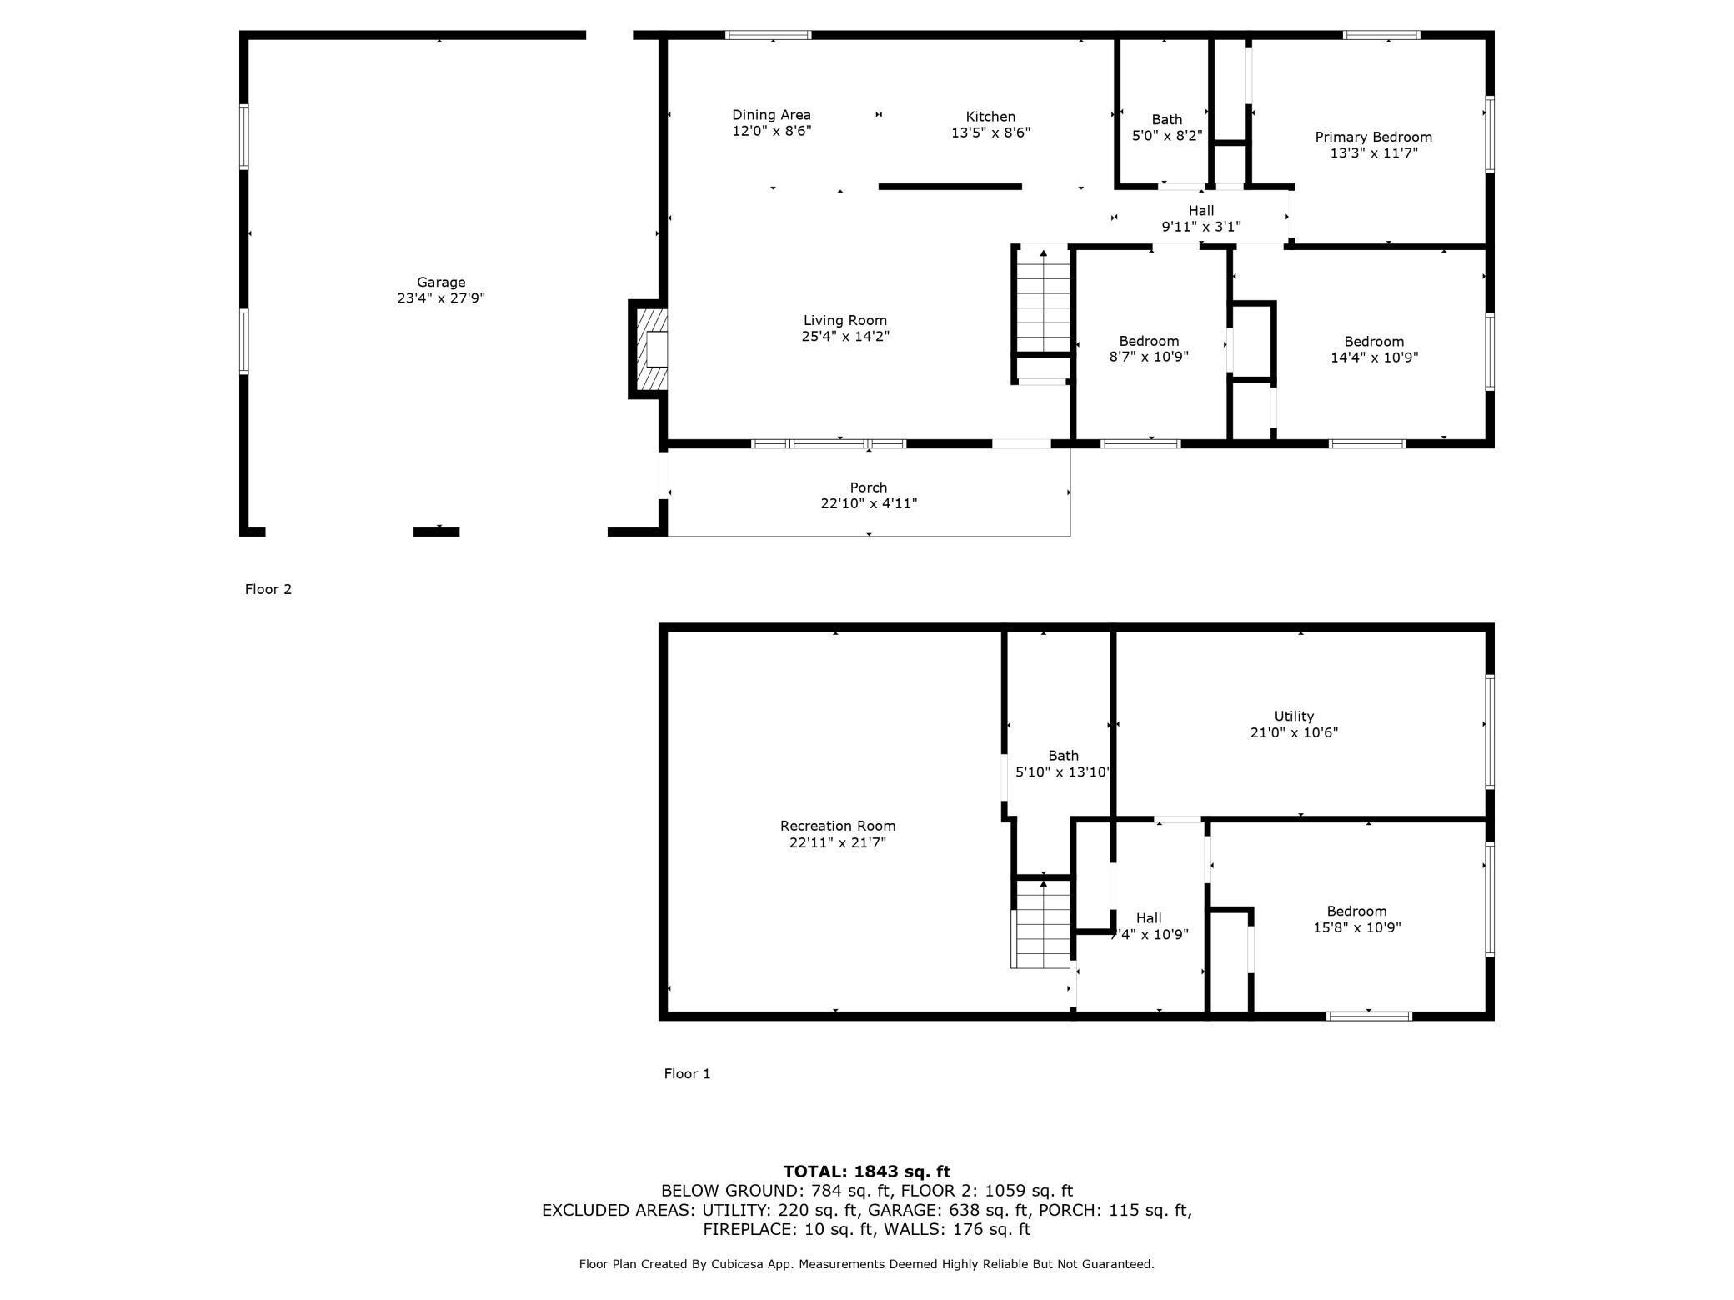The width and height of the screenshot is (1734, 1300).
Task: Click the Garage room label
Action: (x=441, y=282)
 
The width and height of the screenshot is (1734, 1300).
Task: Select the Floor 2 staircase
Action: (x=1043, y=300)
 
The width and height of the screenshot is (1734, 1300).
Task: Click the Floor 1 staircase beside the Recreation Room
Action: (x=1041, y=924)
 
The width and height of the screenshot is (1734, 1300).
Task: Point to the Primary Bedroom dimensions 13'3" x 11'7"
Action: (x=1373, y=152)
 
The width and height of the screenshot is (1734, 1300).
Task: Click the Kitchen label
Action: (x=990, y=117)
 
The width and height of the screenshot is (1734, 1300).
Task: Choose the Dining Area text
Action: (x=771, y=115)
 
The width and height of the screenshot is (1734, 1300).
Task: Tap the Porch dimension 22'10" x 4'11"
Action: (x=869, y=503)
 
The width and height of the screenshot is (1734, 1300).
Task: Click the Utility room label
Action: (x=1294, y=716)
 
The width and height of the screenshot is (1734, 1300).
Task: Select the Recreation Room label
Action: (x=838, y=826)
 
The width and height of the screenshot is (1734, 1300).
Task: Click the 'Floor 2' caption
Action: (x=268, y=589)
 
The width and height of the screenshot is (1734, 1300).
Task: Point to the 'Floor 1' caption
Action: (x=687, y=1073)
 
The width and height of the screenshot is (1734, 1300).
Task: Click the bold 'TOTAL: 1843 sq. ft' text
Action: (x=866, y=1172)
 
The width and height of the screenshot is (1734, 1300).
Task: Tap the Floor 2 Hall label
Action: (x=1201, y=211)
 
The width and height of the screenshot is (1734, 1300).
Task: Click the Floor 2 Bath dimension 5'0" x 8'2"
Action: (x=1167, y=135)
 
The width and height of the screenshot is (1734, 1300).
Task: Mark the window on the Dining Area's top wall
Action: (x=768, y=35)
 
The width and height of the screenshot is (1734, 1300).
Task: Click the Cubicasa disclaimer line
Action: (x=866, y=1264)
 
